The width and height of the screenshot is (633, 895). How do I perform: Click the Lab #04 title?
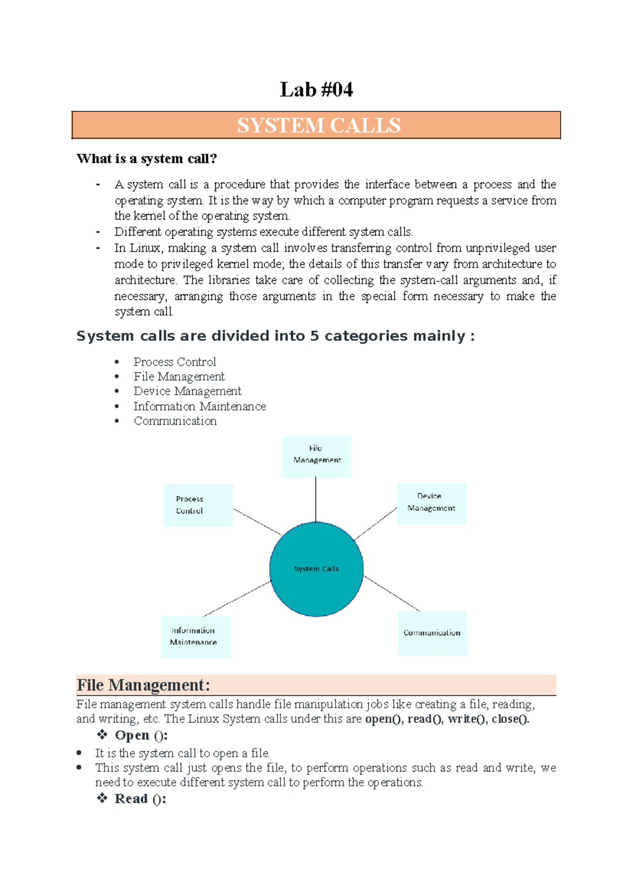pyautogui.click(x=316, y=90)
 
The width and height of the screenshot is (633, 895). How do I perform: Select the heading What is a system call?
pyautogui.click(x=147, y=159)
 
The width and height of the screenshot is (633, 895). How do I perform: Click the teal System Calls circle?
pyautogui.click(x=316, y=568)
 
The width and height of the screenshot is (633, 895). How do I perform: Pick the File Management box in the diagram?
pyautogui.click(x=316, y=456)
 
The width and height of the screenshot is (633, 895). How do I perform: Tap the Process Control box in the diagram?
pyautogui.click(x=198, y=505)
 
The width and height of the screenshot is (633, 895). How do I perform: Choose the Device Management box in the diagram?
pyautogui.click(x=431, y=503)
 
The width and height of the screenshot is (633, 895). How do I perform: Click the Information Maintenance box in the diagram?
pyautogui.click(x=195, y=637)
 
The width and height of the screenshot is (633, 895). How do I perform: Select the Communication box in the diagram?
pyautogui.click(x=432, y=633)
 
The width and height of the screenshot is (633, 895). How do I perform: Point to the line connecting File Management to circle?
pyautogui.click(x=316, y=499)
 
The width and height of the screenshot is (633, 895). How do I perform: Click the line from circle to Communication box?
pyautogui.click(x=391, y=594)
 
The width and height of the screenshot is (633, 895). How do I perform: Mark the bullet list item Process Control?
pyautogui.click(x=175, y=362)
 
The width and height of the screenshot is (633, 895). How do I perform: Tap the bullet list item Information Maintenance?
pyautogui.click(x=199, y=406)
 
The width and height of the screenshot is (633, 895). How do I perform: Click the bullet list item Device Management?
pyautogui.click(x=187, y=391)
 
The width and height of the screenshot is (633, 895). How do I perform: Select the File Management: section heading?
pyautogui.click(x=143, y=685)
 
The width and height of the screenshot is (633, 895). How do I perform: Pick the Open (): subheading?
pyautogui.click(x=141, y=735)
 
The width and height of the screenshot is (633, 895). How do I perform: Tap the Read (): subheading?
pyautogui.click(x=140, y=799)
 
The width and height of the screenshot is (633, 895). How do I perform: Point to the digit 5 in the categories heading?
pyautogui.click(x=314, y=336)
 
